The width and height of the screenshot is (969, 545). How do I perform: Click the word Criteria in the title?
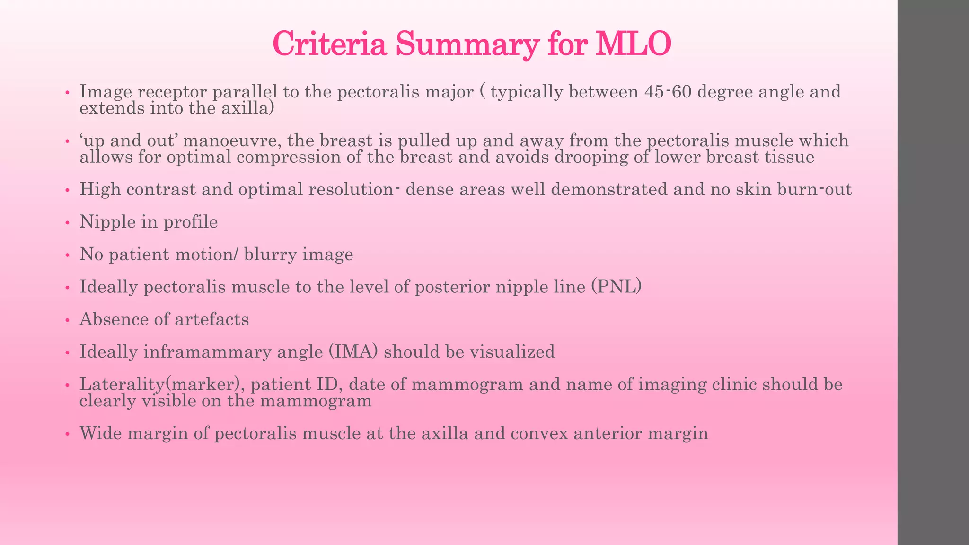pyautogui.click(x=331, y=44)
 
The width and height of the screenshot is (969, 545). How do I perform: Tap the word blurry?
pyautogui.click(x=270, y=255)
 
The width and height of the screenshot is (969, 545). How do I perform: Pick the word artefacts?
pyautogui.click(x=211, y=319)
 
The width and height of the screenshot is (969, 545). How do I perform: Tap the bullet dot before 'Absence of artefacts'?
pyautogui.click(x=68, y=320)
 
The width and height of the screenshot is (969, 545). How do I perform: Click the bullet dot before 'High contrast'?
pyautogui.click(x=68, y=191)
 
